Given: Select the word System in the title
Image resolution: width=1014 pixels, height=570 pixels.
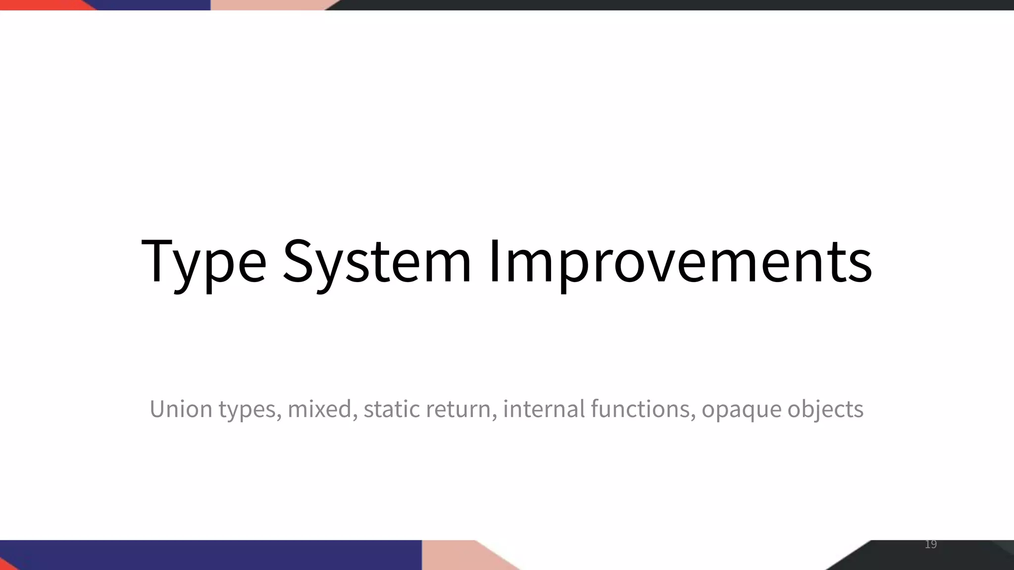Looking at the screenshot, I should tap(376, 262).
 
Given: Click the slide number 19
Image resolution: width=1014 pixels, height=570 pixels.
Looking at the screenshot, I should tap(931, 545).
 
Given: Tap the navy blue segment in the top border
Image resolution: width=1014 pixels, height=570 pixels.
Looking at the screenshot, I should tap(153, 5).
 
